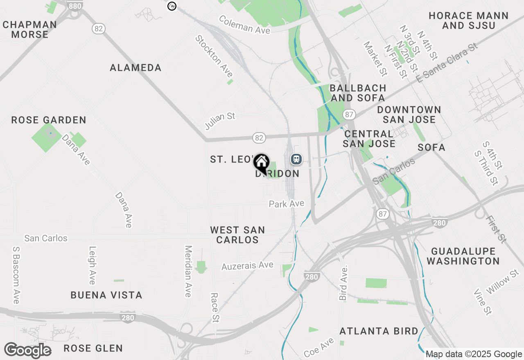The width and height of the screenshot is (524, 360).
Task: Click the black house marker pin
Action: [261, 162]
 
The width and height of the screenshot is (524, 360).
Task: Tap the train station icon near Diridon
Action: [296, 159]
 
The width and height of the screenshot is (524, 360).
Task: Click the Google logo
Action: [27, 351]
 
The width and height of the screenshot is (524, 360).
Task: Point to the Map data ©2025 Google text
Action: [473, 354]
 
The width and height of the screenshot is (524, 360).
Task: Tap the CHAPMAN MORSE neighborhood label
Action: [29, 29]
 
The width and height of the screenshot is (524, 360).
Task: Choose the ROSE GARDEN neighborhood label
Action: [49, 120]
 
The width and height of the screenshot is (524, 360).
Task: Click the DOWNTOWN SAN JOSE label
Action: [409, 115]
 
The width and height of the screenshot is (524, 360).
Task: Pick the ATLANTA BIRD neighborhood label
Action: [379, 331]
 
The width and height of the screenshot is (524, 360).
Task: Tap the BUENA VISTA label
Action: [106, 295]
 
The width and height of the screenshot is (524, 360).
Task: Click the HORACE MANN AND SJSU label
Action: [468, 20]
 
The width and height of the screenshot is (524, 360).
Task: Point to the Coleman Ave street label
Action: [245, 25]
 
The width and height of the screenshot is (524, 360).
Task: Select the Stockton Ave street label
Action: [214, 56]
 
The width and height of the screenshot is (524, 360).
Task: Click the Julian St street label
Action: [220, 121]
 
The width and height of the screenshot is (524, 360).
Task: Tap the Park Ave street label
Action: [287, 203]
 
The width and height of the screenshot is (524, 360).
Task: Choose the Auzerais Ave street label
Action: [247, 266]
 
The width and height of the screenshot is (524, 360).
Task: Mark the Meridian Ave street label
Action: [188, 271]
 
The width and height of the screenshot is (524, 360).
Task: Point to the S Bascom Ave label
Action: [16, 275]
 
